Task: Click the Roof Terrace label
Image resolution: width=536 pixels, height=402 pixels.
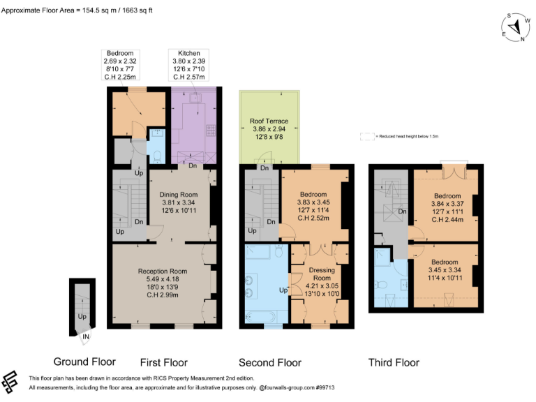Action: [269, 131]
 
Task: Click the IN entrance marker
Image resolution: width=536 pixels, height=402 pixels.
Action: [86, 338]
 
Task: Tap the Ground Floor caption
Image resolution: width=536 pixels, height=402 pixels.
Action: [84, 362]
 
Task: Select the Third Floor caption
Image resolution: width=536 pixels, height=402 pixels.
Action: [394, 362]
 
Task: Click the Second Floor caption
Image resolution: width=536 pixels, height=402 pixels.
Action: [270, 362]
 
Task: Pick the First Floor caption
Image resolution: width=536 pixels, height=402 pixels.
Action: [164, 362]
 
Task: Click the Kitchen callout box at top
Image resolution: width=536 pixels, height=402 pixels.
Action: [189, 65]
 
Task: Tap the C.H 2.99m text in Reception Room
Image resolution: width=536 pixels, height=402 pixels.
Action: [163, 295]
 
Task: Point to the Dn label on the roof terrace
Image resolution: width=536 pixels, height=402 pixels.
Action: [265, 168]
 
